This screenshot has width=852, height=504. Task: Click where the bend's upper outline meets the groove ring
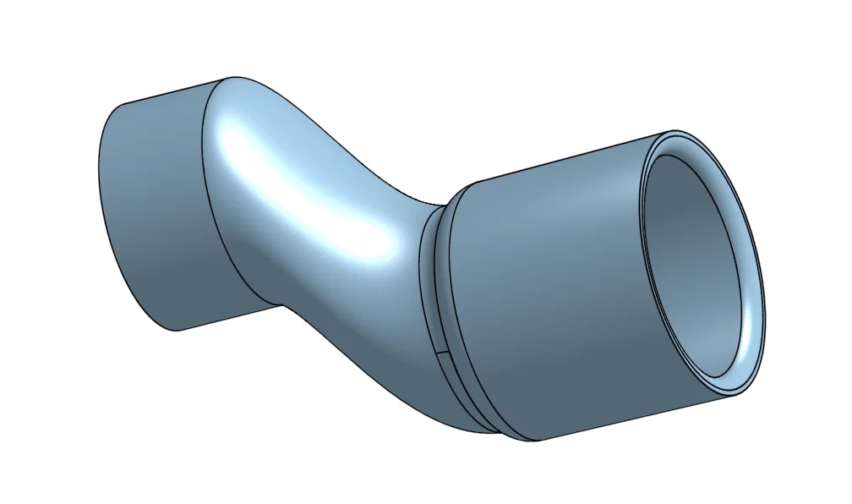[x=440, y=205]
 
